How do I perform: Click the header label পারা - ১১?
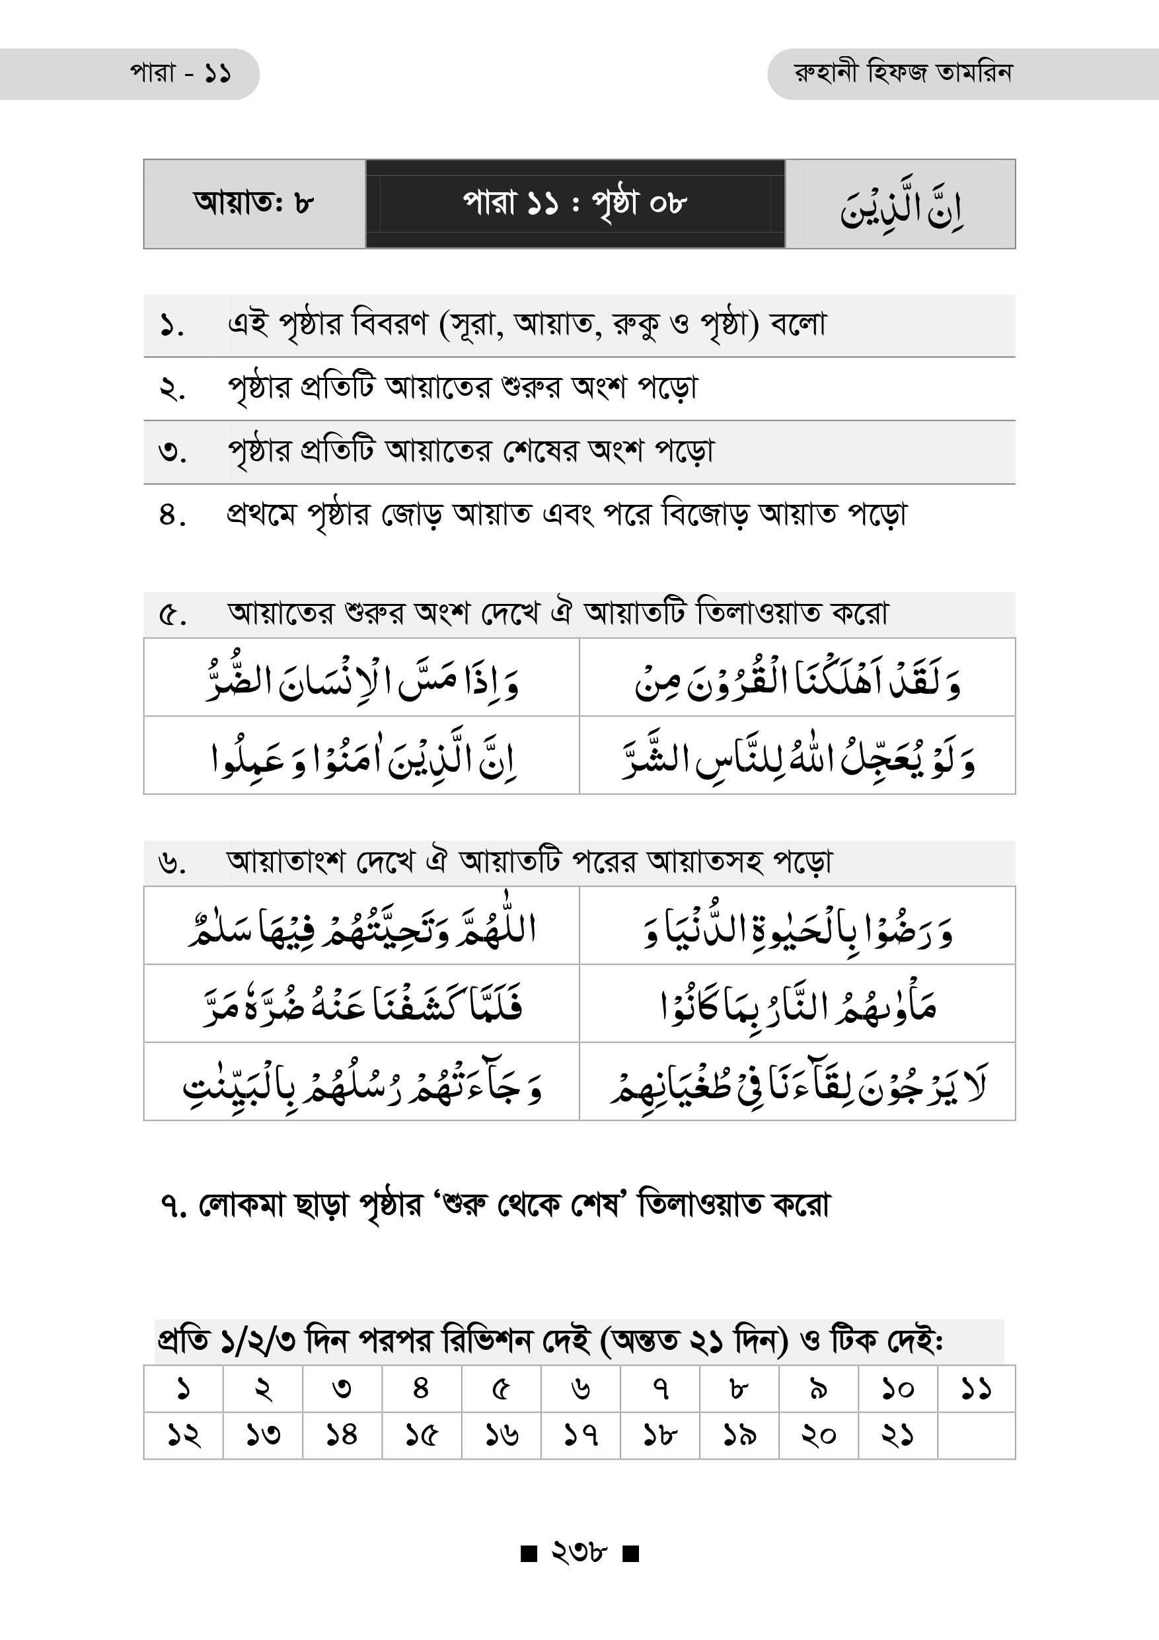(180, 73)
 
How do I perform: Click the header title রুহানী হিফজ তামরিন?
(903, 73)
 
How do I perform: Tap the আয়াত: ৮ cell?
(254, 204)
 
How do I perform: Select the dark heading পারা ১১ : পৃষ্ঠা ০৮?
(575, 204)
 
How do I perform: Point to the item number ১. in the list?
(172, 326)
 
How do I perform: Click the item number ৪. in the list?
(172, 515)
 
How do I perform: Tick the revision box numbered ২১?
(897, 1435)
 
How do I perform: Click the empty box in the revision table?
(976, 1435)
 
